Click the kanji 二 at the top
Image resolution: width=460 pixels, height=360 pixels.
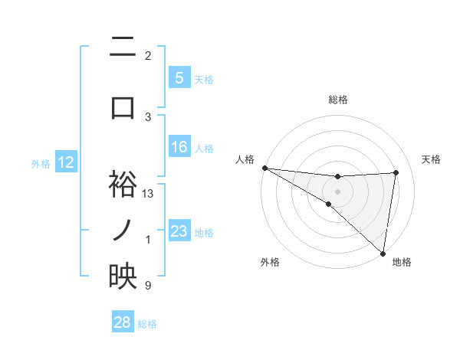click(123, 49)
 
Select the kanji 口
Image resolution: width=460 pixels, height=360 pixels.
click(123, 106)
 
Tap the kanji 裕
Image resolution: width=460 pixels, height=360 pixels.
click(123, 185)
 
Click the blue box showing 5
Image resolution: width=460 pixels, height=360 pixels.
click(179, 78)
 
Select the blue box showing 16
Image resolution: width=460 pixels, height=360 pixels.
click(179, 147)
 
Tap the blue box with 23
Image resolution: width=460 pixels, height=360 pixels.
click(179, 231)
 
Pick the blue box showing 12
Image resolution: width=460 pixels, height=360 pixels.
click(65, 162)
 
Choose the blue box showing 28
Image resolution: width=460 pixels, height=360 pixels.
click(123, 322)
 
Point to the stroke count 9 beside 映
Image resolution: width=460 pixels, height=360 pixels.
click(147, 286)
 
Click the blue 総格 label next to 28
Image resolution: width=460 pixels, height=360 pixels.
click(147, 324)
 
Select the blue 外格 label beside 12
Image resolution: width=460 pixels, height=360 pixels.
click(41, 164)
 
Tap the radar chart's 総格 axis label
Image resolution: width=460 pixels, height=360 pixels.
click(337, 100)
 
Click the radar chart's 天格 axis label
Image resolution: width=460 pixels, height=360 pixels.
click(432, 159)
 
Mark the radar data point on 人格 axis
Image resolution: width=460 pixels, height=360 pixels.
click(264, 168)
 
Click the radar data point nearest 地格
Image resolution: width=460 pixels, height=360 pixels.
click(383, 253)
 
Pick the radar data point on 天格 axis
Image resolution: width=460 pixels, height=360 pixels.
click(396, 172)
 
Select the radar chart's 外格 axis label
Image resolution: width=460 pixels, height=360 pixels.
click(269, 263)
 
